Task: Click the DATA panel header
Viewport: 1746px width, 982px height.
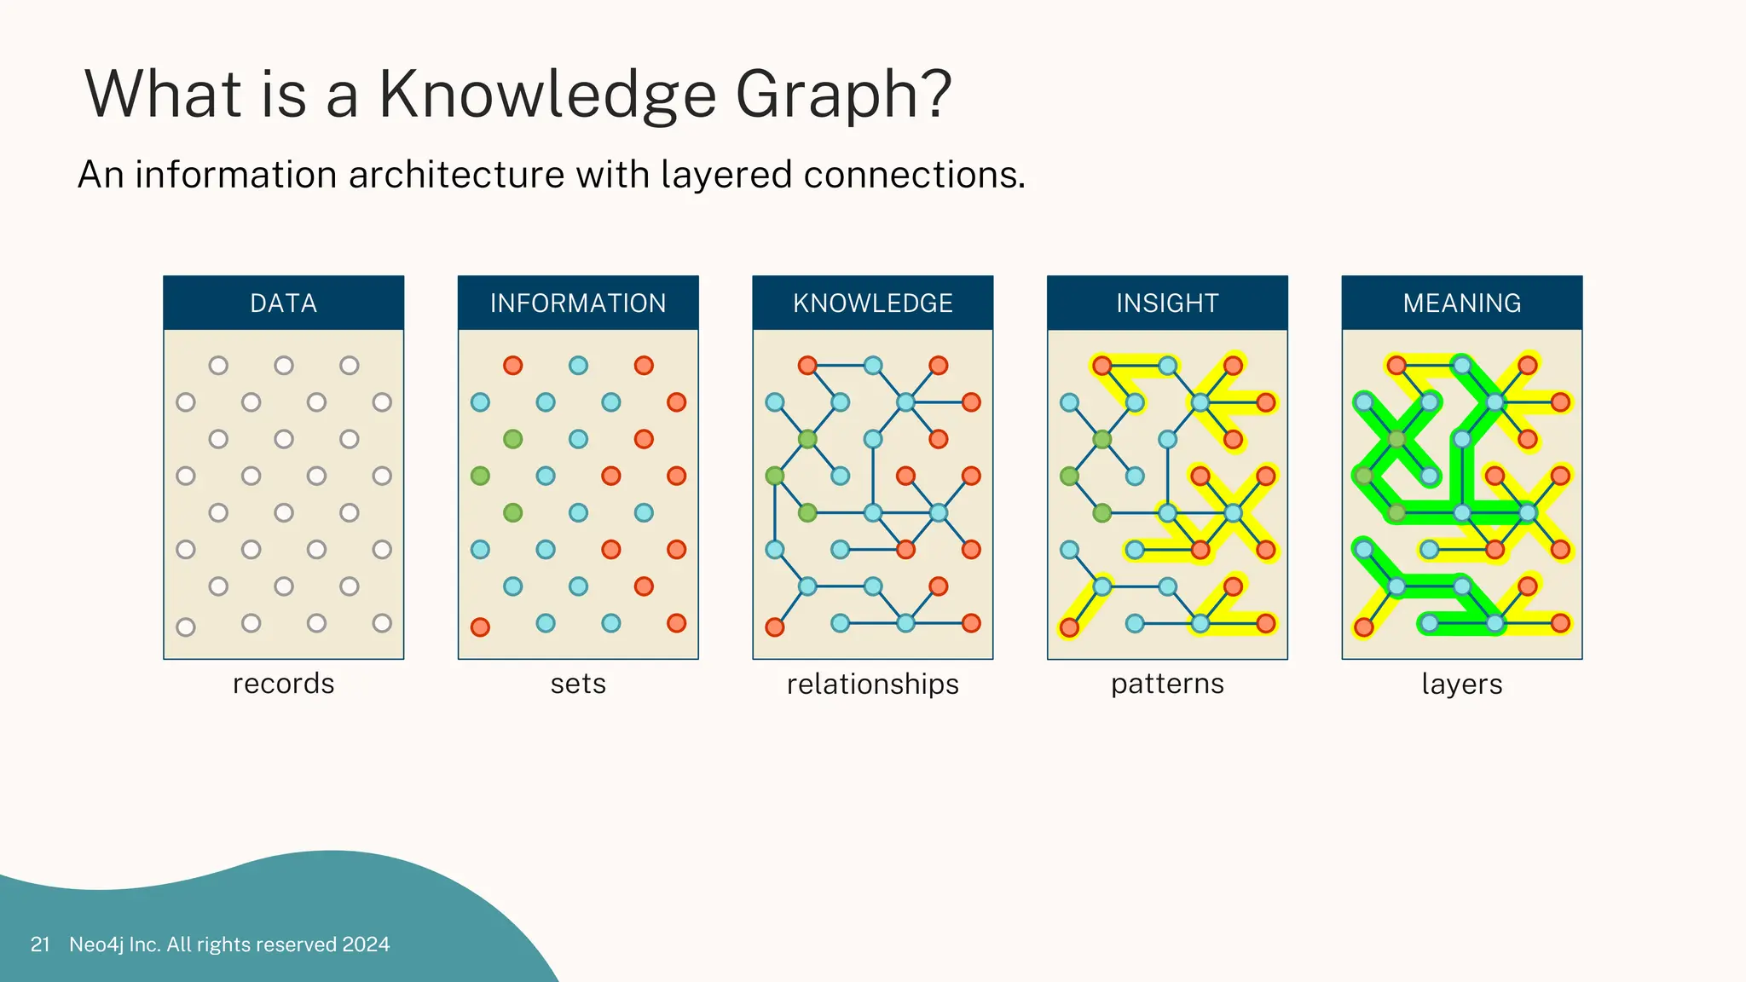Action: click(283, 303)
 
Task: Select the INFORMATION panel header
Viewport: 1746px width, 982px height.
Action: click(578, 303)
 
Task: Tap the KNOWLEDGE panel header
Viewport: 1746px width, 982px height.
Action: click(872, 303)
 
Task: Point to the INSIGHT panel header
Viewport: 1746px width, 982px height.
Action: click(1167, 303)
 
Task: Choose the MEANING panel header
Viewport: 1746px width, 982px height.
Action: click(1461, 303)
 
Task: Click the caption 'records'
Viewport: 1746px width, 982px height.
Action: click(283, 684)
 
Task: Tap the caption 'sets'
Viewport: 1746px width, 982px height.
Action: click(578, 684)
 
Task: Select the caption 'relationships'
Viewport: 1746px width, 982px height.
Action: click(872, 684)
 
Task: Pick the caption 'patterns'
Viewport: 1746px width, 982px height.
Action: click(1167, 684)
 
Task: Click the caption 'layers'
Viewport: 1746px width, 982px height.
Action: click(1461, 684)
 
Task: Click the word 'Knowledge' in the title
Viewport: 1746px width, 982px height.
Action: click(546, 94)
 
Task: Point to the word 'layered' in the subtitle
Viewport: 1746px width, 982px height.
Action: click(727, 176)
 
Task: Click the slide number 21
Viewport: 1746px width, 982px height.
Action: click(40, 944)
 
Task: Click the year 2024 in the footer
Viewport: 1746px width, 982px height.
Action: click(366, 944)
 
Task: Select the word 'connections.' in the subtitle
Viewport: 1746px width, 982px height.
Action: click(914, 175)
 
